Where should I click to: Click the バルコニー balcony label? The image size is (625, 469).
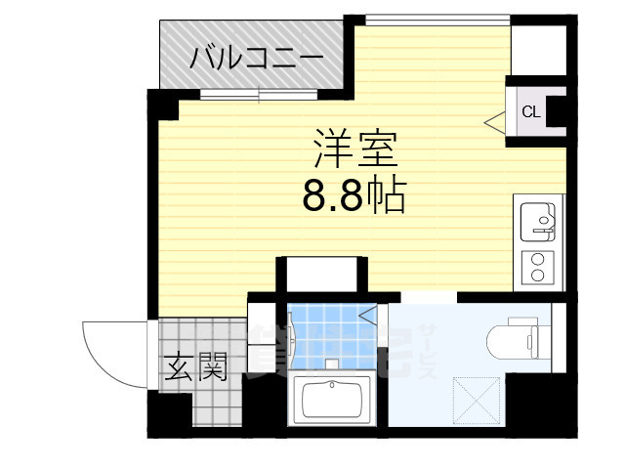coord(256,57)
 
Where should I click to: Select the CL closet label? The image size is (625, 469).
coord(530,111)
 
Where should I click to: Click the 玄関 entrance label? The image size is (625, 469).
coord(195,367)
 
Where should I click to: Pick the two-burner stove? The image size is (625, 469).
coord(536,266)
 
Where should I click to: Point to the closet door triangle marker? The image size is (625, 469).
coord(495,122)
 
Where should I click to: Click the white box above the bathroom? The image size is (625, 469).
coord(321,273)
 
